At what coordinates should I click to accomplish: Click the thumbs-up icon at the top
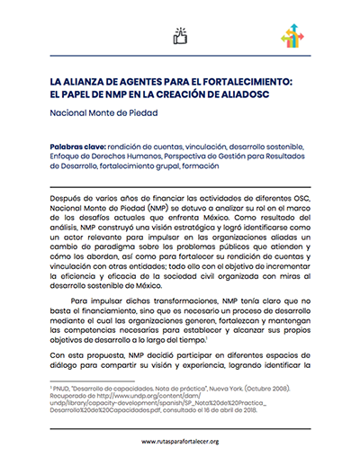180,37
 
